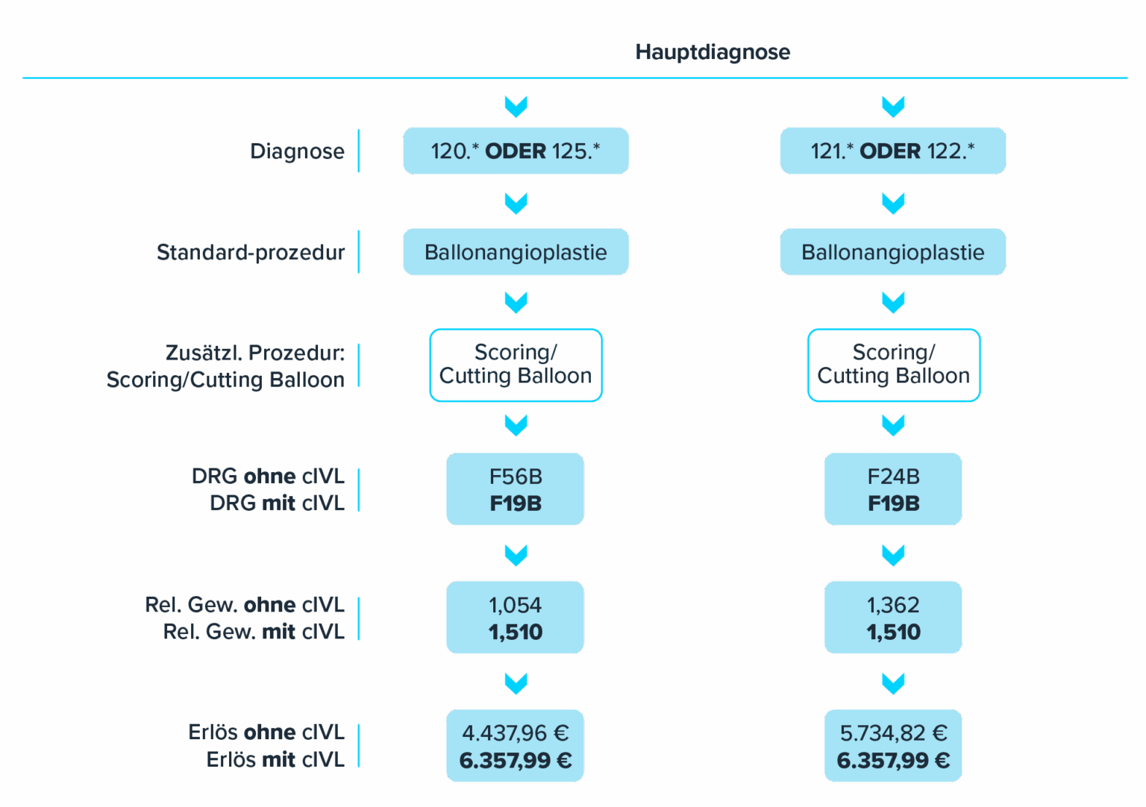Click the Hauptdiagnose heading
(713, 52)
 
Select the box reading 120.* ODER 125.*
(516, 151)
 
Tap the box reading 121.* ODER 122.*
(892, 151)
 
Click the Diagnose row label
(297, 151)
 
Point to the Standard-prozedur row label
(251, 252)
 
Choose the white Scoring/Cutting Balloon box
(516, 365)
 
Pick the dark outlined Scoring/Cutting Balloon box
(893, 365)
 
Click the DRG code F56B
(516, 477)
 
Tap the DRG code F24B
(893, 477)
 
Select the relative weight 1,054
(516, 605)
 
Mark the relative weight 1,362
(893, 605)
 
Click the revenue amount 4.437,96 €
(516, 733)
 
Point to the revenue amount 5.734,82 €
(893, 733)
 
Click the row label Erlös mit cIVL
(275, 759)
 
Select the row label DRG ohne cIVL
(268, 476)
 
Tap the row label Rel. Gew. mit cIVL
(254, 632)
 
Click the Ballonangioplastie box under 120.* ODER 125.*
(516, 252)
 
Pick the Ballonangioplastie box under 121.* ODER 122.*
(892, 252)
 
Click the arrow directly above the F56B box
(516, 425)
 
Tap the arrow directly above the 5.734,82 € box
(893, 683)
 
